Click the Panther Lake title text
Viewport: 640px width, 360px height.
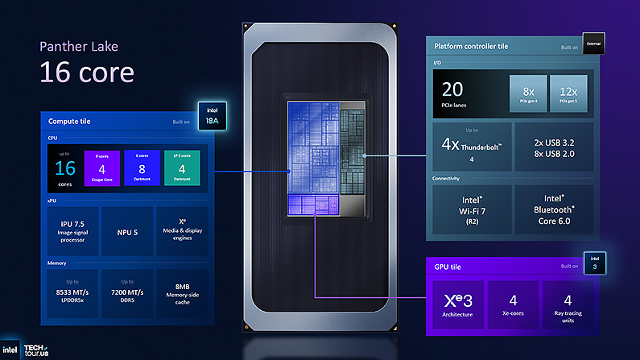coord(78,47)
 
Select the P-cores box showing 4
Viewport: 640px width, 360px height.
coord(102,167)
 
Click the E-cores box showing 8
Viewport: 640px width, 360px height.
coord(142,167)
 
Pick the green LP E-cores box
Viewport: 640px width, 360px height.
coord(182,167)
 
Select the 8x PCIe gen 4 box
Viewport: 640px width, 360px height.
coord(527,94)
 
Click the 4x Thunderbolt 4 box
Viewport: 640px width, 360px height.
coord(469,147)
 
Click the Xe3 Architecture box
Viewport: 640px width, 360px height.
coord(459,304)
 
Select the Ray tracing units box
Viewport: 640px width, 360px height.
coord(568,304)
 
